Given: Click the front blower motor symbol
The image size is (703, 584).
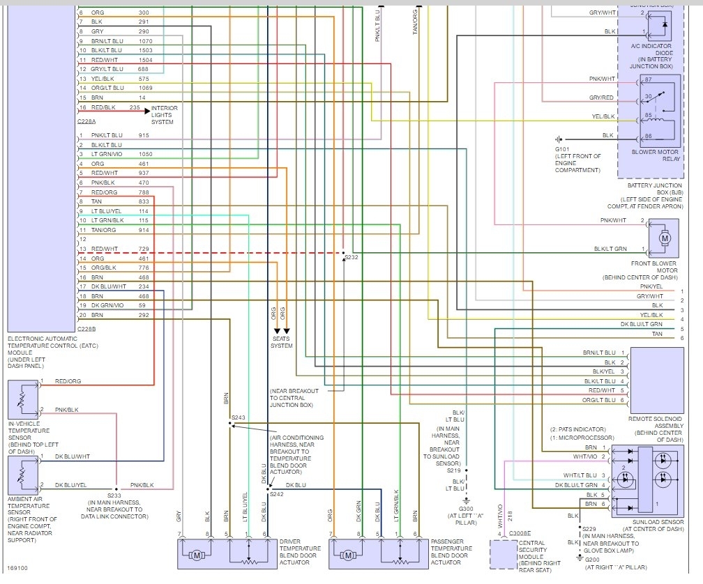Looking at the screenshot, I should (664, 238).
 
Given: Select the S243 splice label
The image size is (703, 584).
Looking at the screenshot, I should (239, 418).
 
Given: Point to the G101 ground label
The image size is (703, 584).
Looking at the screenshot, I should (563, 149).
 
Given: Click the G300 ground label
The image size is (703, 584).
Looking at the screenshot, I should (466, 509).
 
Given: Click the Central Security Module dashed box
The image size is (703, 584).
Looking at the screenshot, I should (509, 555).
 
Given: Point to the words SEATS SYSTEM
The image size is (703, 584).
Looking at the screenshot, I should (282, 342).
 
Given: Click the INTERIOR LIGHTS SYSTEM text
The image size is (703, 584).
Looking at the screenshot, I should (165, 115).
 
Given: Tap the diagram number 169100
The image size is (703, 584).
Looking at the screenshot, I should (17, 569).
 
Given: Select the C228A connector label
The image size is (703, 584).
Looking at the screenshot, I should (89, 121).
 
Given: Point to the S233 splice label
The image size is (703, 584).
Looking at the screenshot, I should (115, 495).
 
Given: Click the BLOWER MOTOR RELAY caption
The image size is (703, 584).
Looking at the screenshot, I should (655, 155).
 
